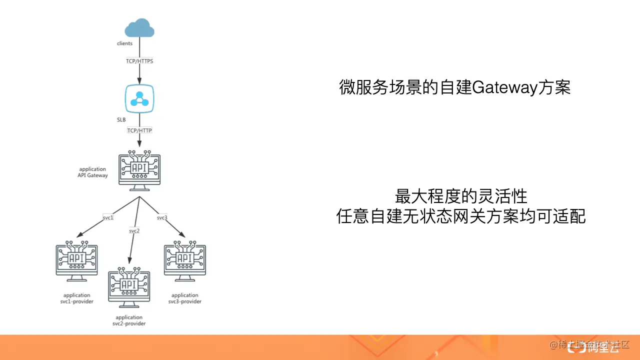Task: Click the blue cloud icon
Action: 139,28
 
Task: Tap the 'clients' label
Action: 124,43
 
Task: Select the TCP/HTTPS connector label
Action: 139,61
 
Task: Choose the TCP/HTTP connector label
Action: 139,130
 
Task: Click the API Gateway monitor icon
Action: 139,170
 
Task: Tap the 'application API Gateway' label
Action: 92,172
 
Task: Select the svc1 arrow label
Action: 108,218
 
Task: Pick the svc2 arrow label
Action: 134,230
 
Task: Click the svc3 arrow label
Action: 162,218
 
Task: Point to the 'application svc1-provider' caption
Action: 77,298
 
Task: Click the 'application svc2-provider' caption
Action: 129,320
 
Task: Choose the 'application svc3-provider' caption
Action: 185,298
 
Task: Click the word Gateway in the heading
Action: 504,88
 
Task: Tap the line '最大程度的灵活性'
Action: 461,196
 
